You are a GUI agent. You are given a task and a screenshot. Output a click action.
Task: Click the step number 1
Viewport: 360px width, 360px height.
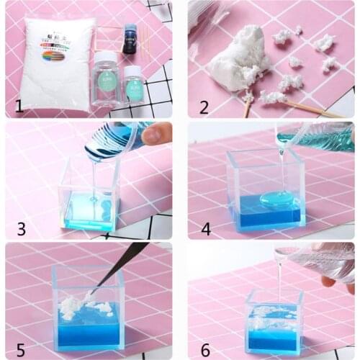coord(19,107)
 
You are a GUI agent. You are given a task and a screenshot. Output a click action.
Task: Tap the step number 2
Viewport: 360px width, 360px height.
coord(204,107)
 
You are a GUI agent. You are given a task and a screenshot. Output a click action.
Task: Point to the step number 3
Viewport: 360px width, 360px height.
coord(21,229)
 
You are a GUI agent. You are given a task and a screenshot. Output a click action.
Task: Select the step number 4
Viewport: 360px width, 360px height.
coord(204,229)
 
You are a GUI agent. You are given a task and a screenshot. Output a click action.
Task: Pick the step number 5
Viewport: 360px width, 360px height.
coord(20,351)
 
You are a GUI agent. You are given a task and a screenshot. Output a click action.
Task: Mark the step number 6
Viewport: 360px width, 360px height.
coord(205,351)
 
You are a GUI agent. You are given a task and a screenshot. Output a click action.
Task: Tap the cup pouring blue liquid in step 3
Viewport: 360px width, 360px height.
coord(115,140)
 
